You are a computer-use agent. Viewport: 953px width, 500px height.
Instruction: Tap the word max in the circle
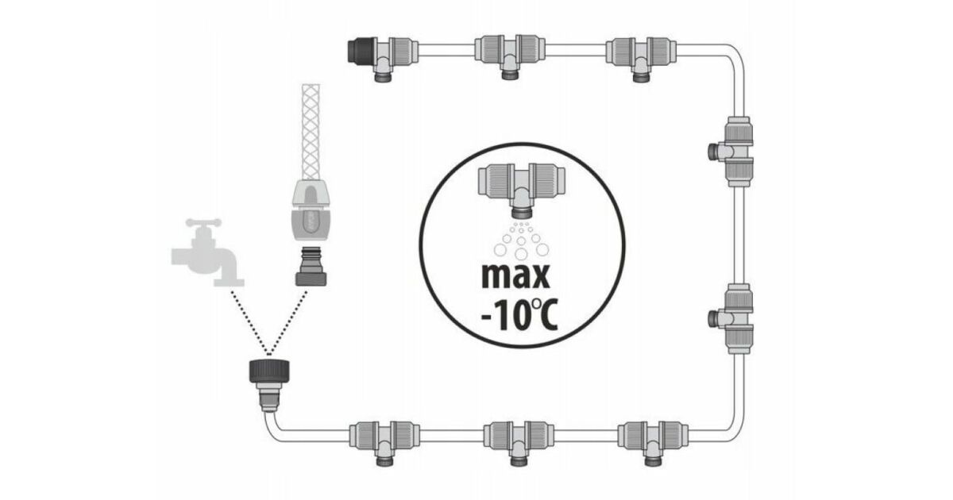point(515,276)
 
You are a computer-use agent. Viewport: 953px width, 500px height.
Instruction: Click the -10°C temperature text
point(519,315)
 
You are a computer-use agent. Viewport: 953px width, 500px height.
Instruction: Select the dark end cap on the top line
point(361,50)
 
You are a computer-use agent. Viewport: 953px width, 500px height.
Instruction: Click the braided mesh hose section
point(311,132)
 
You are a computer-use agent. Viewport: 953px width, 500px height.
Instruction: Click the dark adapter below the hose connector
point(311,266)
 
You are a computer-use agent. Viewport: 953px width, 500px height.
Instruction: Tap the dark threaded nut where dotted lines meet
point(269,371)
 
